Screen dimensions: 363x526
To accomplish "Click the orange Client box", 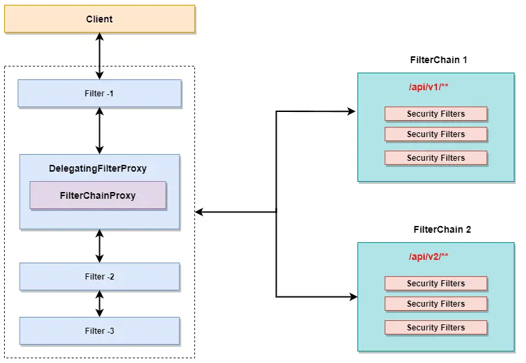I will coord(99,19).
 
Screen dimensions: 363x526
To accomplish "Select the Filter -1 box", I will coord(99,94).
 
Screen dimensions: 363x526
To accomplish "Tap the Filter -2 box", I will coord(99,277).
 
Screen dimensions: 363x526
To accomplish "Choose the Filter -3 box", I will coord(99,330).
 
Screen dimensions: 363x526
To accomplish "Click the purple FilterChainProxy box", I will coord(98,195).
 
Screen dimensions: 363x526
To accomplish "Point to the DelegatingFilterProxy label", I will coord(98,168).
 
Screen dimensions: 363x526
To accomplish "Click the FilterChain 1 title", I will coord(438,60).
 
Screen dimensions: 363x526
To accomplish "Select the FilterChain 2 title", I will coord(442,229).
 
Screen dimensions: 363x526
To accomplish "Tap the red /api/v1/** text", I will coord(428,88).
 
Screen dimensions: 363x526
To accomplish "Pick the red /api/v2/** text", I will coord(428,256).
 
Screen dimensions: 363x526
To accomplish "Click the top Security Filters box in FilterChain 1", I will coord(436,114).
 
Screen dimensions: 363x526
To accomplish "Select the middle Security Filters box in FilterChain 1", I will coord(436,134).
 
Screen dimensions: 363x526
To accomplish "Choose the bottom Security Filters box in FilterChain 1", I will coord(436,157).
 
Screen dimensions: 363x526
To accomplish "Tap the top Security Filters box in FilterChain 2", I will coord(436,283).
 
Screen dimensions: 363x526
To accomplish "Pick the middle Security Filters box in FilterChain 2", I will coord(436,303).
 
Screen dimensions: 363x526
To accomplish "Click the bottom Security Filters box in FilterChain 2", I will coord(436,327).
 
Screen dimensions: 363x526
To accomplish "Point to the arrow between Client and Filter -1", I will coord(100,57).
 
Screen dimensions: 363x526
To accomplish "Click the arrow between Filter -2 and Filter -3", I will coord(100,304).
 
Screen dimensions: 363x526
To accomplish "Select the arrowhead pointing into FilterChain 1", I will coord(351,111).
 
